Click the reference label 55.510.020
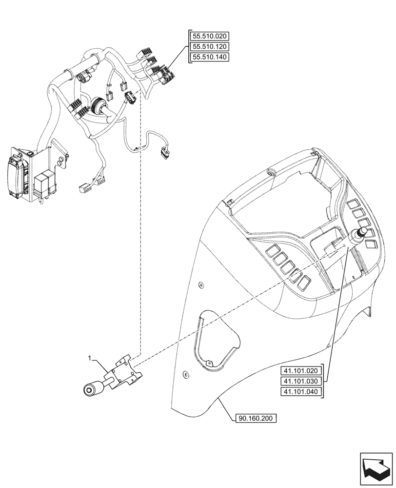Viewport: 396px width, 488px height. pos(209,36)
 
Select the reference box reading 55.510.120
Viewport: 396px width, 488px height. pos(209,46)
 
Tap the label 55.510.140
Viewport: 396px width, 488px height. pos(209,57)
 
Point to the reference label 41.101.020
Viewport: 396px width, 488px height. pos(301,370)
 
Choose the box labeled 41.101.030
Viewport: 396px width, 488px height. pos(301,381)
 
